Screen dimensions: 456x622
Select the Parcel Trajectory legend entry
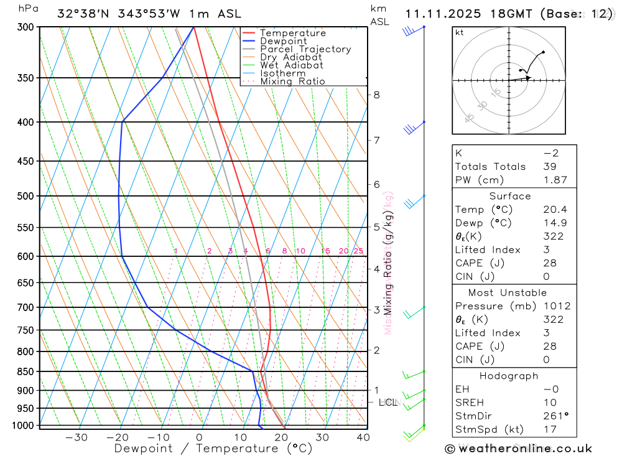(x=305, y=49)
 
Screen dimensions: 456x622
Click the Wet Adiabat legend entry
(x=292, y=65)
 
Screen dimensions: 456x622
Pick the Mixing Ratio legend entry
(x=292, y=81)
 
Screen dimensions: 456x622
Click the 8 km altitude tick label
(x=377, y=95)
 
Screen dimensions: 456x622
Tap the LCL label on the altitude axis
(x=388, y=402)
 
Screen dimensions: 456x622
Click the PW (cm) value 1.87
(x=555, y=180)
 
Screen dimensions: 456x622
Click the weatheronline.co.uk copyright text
(x=518, y=448)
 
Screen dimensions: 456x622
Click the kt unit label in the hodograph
(x=460, y=32)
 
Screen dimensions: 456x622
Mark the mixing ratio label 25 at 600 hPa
(x=358, y=251)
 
